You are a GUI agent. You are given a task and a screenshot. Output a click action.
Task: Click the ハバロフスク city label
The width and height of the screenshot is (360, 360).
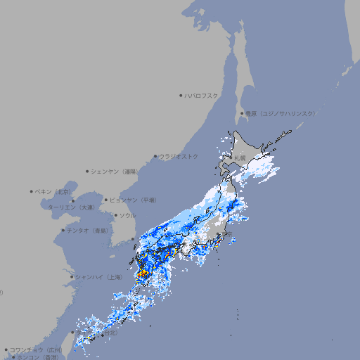(x=202, y=95)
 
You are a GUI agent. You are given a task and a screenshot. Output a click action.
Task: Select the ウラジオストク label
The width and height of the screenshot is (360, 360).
(x=179, y=156)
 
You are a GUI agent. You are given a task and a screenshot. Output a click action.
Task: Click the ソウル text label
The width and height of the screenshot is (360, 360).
(x=127, y=215)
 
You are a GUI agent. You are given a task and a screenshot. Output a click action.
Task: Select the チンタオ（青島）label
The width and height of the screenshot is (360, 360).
(x=88, y=230)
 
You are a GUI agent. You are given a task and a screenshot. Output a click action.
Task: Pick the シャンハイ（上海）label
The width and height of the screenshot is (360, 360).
(x=99, y=277)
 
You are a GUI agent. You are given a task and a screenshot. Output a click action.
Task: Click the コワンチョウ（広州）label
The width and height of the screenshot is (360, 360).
(x=36, y=349)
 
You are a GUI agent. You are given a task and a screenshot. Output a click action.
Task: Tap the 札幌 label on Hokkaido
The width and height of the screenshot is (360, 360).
(x=240, y=157)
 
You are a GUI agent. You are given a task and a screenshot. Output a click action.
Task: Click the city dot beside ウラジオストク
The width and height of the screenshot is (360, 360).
(x=155, y=156)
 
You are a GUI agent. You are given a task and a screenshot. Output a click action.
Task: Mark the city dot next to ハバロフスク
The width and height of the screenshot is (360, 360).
(x=181, y=95)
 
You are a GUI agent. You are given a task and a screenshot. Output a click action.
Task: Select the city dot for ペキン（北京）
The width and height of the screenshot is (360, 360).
(x=32, y=191)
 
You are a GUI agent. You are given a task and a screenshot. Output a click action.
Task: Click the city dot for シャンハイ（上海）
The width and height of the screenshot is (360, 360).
(x=72, y=277)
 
